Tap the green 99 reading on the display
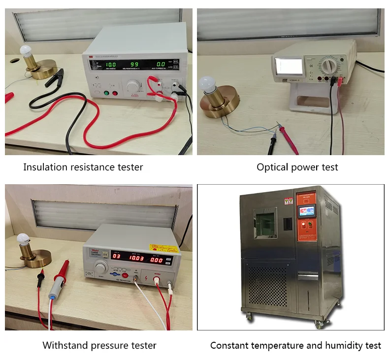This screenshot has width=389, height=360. click(x=134, y=64)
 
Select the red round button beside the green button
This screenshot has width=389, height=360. click(x=115, y=93)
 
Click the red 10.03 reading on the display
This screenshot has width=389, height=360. click(x=137, y=258)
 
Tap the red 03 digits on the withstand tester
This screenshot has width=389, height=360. click(x=116, y=256)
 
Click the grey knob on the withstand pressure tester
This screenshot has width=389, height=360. click(x=101, y=267)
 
